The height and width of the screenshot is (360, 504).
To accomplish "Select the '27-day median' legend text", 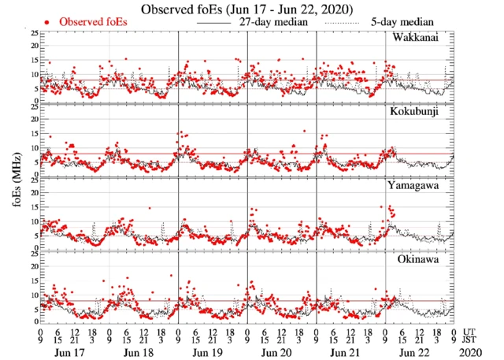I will click(x=268, y=22).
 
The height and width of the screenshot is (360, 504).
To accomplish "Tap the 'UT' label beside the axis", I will click(x=470, y=331).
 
